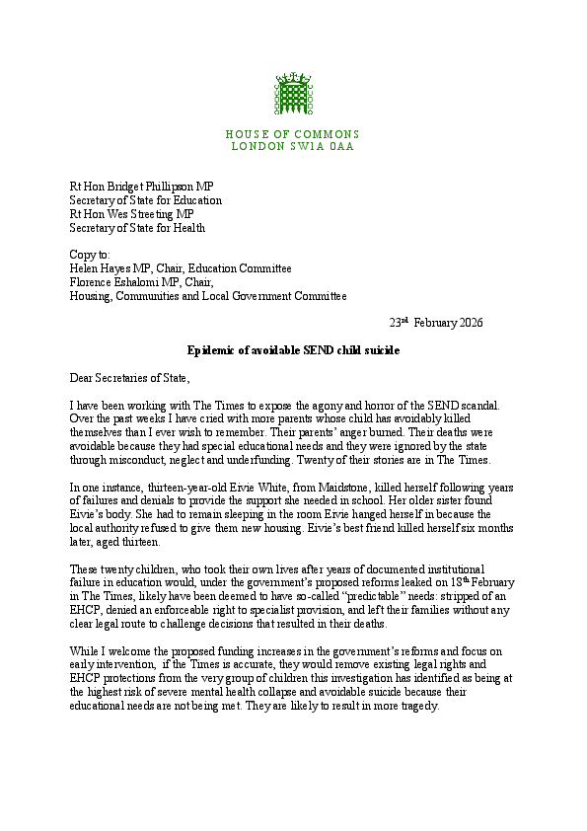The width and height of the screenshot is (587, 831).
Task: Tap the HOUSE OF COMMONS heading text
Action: coord(292,134)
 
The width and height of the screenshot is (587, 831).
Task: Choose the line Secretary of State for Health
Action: coord(137,228)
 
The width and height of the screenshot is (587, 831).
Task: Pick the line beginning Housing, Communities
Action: coord(207,295)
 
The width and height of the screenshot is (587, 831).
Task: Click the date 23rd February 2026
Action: coord(435,323)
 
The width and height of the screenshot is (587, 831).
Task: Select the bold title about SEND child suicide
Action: coord(293,350)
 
